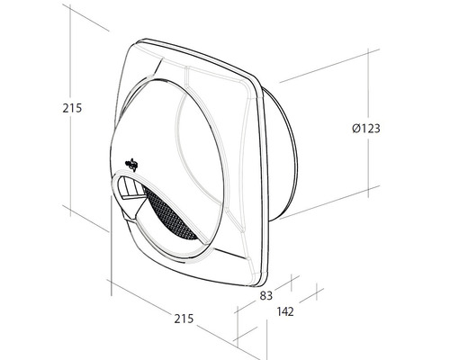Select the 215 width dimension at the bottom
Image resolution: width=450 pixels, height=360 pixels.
tap(184, 319)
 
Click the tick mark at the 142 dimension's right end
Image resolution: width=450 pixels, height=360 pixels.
tap(319, 293)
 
